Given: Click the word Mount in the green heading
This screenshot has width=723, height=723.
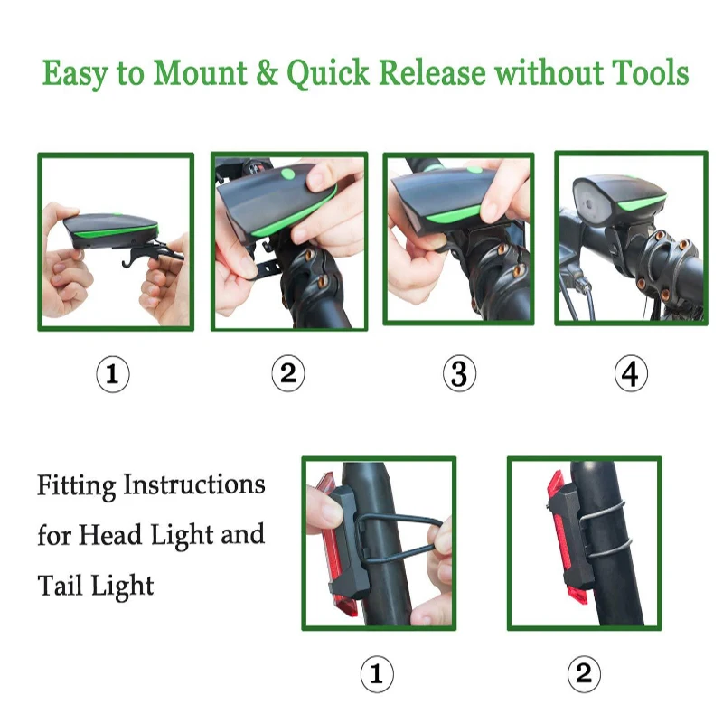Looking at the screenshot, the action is point(200,73).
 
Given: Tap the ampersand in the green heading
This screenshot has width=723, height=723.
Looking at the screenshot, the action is point(267,73).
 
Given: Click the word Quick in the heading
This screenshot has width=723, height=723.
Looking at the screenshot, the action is point(328,74).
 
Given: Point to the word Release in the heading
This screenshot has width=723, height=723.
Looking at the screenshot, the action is point(432,73).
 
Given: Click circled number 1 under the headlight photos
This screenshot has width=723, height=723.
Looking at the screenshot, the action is point(113,374).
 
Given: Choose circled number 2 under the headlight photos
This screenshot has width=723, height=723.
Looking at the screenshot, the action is point(288,373).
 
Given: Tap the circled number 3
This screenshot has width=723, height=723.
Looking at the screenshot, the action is point(459,373).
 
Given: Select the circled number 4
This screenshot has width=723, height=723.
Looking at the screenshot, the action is point(631,373).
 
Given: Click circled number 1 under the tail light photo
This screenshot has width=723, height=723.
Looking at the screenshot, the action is point(377,674).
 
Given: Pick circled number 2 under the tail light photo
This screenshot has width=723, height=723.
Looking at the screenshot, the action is point(584,674).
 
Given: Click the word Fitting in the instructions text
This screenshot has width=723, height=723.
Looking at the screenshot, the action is point(77,486).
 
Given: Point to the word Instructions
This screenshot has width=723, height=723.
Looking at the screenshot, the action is point(194,484).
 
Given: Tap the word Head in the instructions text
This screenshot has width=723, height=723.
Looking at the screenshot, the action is point(109,535).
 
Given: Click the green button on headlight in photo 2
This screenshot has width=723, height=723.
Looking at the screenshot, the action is point(287,174).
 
